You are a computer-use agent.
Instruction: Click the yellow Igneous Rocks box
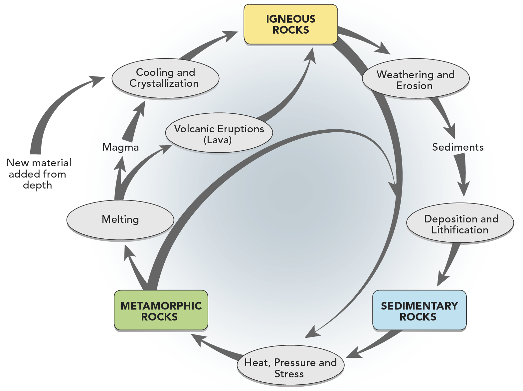pos(290,24)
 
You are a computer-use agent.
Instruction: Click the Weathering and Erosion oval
pos(415,79)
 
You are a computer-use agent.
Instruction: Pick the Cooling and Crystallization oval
pos(165,78)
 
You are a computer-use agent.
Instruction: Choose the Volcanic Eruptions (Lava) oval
pos(219,134)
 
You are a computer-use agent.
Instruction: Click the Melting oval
pos(120,220)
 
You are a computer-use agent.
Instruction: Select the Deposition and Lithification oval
pos(460,224)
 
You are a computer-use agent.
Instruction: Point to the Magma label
pos(120,147)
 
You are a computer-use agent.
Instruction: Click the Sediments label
pos(457,147)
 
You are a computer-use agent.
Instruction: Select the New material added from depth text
pos(38,174)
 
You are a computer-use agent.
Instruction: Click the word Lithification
pos(460,230)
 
